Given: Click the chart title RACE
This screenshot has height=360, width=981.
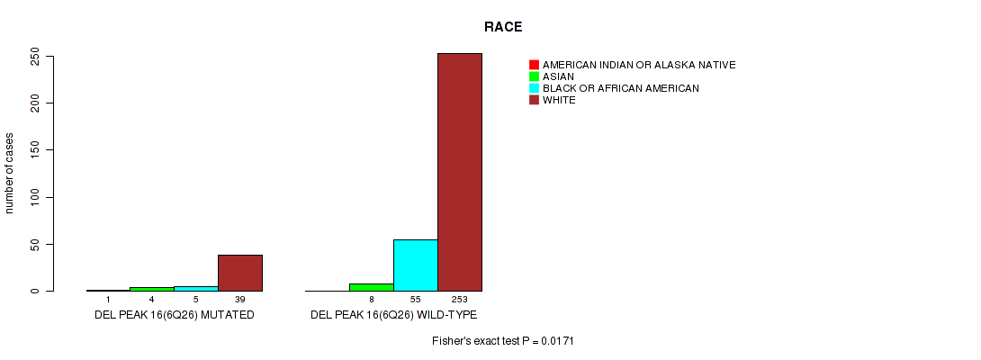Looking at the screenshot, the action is (503, 27).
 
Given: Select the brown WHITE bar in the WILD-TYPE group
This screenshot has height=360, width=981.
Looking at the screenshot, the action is (460, 172).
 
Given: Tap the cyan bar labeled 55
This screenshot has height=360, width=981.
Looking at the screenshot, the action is (416, 265).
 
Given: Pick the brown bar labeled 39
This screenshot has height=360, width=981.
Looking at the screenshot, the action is (239, 273).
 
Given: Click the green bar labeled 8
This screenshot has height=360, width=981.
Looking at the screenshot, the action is (372, 287).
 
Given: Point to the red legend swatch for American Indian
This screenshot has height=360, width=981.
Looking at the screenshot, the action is (534, 65).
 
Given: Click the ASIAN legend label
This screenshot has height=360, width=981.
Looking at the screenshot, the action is (558, 76).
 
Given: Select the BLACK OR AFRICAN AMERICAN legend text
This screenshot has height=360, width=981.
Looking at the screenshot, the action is (621, 88).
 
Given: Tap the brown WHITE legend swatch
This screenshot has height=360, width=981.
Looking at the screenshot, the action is (534, 100).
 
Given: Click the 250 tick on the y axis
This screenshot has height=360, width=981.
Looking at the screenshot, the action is (36, 56).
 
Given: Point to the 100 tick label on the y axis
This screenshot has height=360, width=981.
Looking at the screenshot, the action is (36, 197).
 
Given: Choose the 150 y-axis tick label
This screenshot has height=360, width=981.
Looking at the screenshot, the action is (36, 150).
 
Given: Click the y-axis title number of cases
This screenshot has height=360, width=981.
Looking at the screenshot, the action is (9, 173).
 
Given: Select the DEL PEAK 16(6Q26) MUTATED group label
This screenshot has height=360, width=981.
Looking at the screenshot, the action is (175, 314).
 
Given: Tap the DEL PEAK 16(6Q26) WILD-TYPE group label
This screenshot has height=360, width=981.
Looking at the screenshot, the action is (394, 314).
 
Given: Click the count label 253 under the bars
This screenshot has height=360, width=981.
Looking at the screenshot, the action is (460, 300).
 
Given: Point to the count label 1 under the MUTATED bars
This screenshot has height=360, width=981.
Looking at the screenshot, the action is (108, 300).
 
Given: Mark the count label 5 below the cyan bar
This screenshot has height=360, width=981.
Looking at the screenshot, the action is (196, 300).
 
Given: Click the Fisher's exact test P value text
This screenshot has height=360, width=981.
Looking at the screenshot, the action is (503, 341).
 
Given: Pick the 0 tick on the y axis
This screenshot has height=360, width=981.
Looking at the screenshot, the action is (36, 291).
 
